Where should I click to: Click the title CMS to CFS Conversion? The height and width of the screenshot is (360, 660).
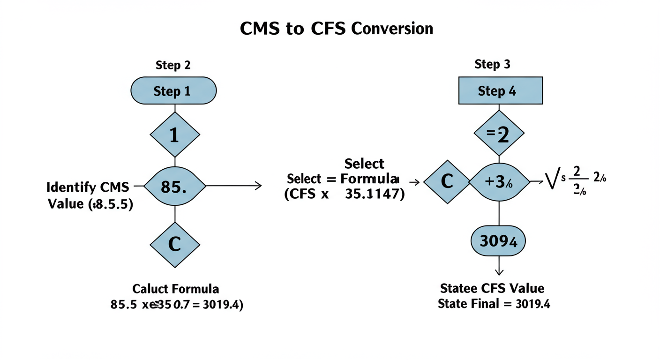tap(336, 29)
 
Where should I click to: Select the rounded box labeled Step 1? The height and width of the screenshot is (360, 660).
tap(173, 91)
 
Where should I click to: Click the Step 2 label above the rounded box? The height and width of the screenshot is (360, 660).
tap(173, 66)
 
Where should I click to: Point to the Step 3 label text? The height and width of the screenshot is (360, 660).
tap(492, 64)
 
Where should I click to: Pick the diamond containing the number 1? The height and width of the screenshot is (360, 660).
tap(175, 135)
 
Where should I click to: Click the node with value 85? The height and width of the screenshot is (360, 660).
tap(174, 187)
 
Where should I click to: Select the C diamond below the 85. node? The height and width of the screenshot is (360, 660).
tap(175, 245)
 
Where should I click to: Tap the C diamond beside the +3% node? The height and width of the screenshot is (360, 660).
tap(447, 181)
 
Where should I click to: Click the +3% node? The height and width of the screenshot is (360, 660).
tap(499, 182)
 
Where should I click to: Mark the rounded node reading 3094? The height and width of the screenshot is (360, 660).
tap(498, 241)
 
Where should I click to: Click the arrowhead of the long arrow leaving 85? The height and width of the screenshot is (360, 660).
tap(258, 186)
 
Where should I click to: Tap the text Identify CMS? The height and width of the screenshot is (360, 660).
tap(88, 187)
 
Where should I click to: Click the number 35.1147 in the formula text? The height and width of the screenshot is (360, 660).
tap(374, 195)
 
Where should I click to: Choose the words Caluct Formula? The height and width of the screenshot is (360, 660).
tap(175, 288)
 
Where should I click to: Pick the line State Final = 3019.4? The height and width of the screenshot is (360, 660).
tap(494, 304)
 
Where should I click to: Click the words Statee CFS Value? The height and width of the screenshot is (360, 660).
tap(492, 288)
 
